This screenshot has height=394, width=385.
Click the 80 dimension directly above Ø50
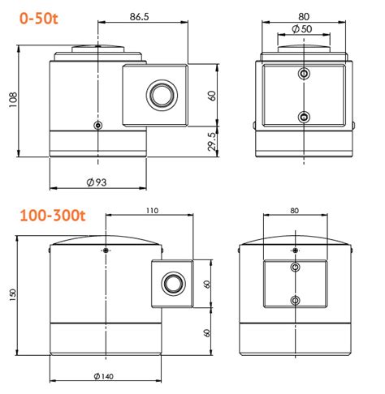(304, 15)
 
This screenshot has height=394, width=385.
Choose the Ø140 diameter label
(105, 376)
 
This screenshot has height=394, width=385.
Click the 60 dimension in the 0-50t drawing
(212, 95)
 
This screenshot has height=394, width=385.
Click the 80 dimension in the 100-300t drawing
(294, 211)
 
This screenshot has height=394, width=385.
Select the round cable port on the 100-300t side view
(171, 284)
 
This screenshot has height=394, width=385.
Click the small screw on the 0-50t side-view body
(97, 126)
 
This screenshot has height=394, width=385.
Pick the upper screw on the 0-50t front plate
(304, 75)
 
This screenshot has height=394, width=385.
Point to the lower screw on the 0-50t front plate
(304, 117)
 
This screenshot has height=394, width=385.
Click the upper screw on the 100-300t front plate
(294, 267)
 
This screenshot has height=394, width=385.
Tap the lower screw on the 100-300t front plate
(294, 302)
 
